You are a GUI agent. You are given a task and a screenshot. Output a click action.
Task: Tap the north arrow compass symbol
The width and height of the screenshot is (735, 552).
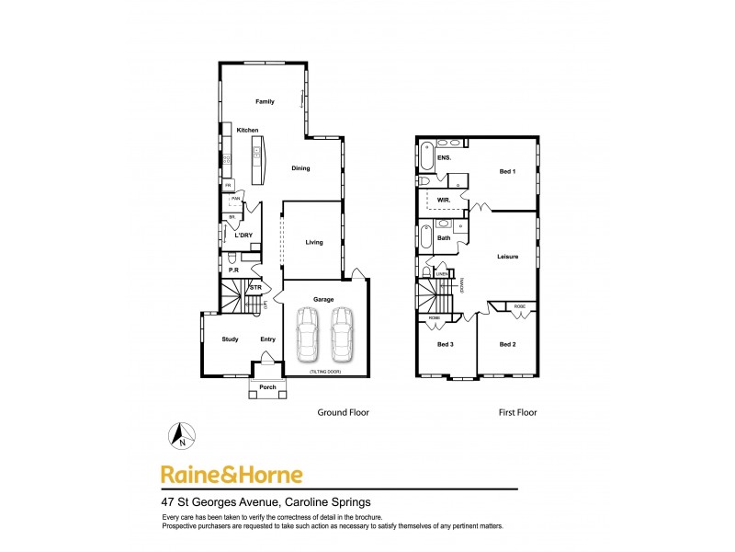coord(182,434)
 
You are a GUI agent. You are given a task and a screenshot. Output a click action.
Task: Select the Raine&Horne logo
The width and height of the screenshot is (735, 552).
coord(231,475)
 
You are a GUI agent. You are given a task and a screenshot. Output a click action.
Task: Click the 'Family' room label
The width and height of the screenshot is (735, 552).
coord(265,101)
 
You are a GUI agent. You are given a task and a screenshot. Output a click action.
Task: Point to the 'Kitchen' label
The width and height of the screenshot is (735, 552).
coord(247,131)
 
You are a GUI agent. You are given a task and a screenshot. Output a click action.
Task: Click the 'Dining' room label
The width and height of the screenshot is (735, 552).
coord(300,168)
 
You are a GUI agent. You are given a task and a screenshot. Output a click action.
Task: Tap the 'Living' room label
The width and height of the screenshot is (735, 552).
coord(314,243)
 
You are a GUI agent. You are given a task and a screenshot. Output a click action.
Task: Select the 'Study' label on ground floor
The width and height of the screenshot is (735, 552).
coord(230,339)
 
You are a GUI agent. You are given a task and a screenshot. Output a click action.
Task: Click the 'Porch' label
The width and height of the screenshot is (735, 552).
coord(267,387)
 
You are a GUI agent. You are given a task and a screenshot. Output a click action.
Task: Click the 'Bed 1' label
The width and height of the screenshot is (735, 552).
coord(507,172)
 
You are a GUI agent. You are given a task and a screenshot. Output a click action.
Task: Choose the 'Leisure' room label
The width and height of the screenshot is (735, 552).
coord(508,257)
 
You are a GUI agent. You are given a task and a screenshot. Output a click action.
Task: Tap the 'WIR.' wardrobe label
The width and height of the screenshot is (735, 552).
coord(442,198)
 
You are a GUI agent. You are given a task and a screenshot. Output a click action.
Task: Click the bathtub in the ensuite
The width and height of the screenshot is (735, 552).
coord(427,157)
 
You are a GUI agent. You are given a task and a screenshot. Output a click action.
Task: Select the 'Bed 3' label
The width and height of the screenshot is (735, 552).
coord(446,344)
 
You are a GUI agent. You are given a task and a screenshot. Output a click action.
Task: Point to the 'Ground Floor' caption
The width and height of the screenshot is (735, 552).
coord(343,413)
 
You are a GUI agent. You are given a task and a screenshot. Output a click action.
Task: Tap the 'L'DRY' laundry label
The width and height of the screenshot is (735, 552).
coord(243,236)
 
